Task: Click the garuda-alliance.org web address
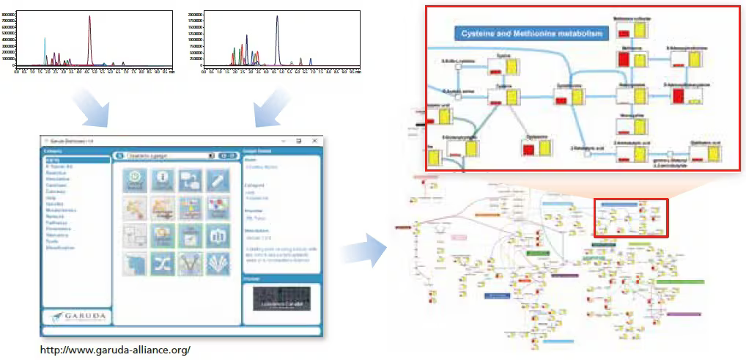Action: coord(115,350)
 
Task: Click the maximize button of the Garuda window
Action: coord(299,140)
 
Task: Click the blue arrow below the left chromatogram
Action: coord(94,109)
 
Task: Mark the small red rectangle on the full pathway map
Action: coord(631,218)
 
